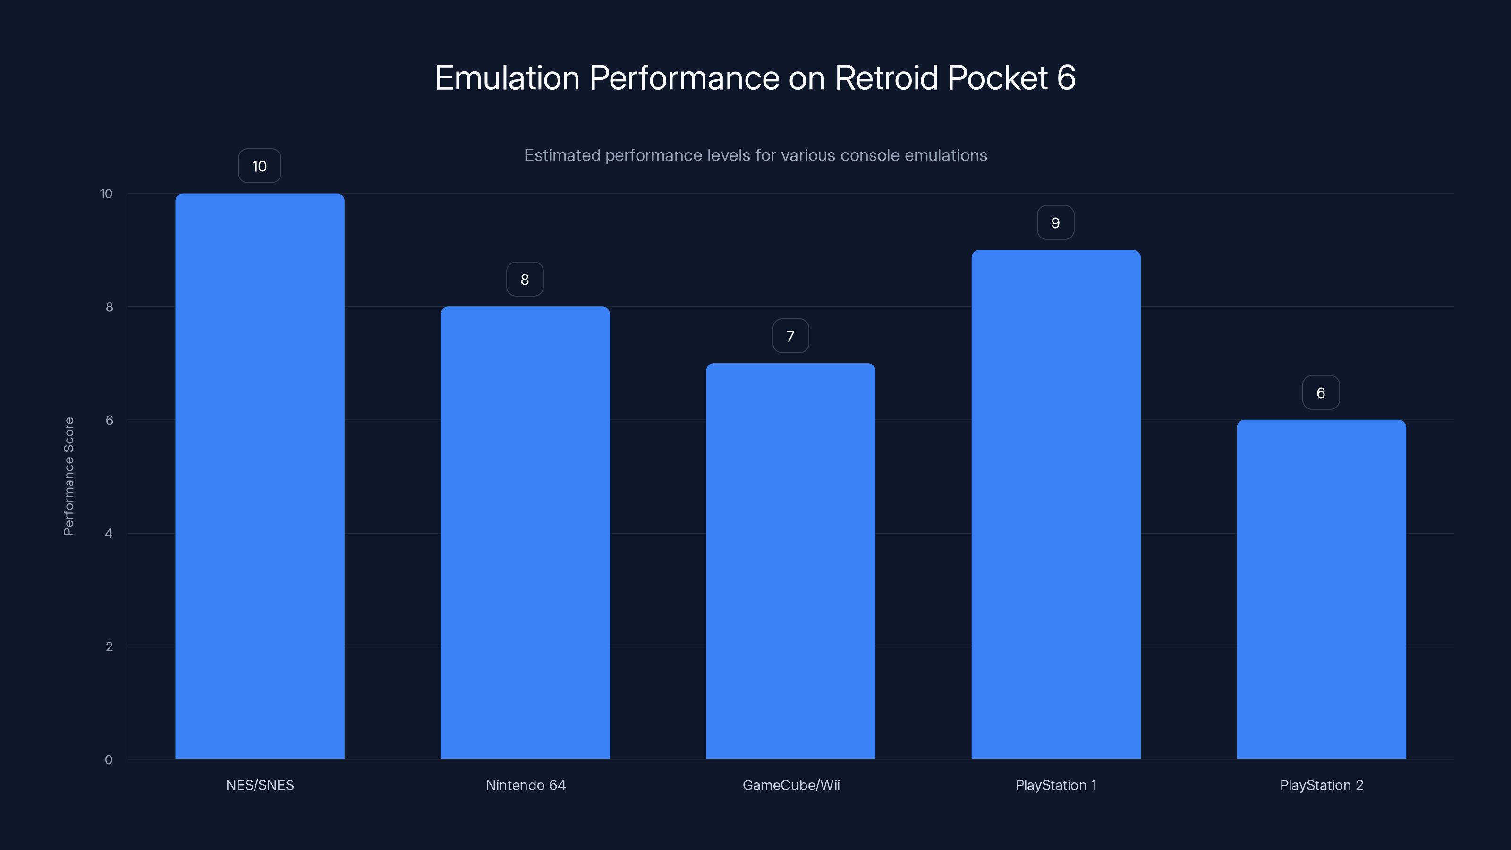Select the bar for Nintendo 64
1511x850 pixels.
[x=525, y=533]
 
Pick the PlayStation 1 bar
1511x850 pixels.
[x=1056, y=504]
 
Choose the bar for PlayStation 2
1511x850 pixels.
[x=1321, y=589]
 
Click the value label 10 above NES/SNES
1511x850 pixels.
[x=259, y=166]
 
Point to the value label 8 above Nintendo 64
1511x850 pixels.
[x=525, y=279]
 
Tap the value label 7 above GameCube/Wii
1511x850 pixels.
[x=791, y=336]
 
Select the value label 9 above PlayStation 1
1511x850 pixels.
[x=1055, y=223]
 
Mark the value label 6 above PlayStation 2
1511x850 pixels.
[x=1321, y=392]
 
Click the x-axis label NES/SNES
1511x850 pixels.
[x=260, y=785]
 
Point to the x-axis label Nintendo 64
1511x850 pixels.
[x=526, y=785]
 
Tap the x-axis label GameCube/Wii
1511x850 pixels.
[x=791, y=785]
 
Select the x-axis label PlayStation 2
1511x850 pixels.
[x=1321, y=785]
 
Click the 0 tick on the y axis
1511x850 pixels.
[x=109, y=760]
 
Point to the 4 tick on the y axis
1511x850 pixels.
[x=109, y=533]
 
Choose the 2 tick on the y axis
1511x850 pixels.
[x=109, y=646]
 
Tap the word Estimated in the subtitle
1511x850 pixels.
[x=561, y=155]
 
